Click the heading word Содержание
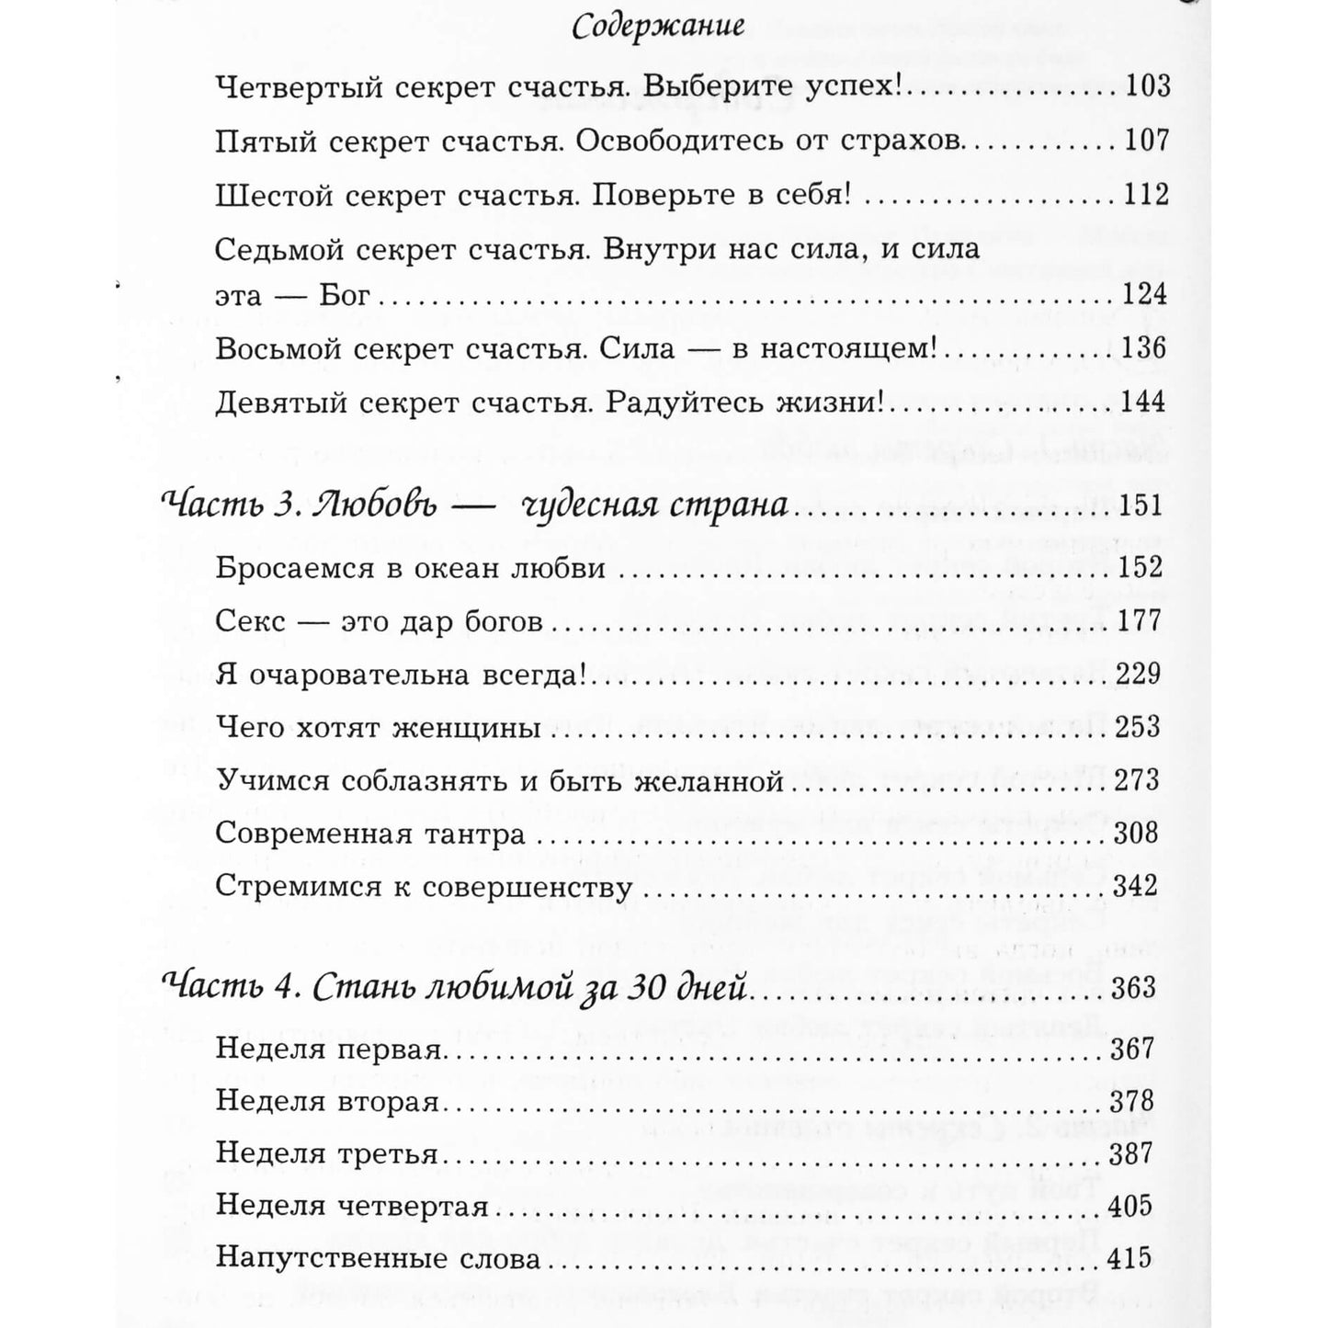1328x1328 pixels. point(657,27)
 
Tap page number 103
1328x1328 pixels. point(1147,87)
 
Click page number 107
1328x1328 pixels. point(1146,142)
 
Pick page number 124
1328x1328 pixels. point(1144,295)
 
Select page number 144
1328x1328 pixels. point(1143,403)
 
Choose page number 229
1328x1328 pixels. point(1139,675)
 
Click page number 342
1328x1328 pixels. point(1136,889)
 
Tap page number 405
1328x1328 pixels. point(1131,1206)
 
